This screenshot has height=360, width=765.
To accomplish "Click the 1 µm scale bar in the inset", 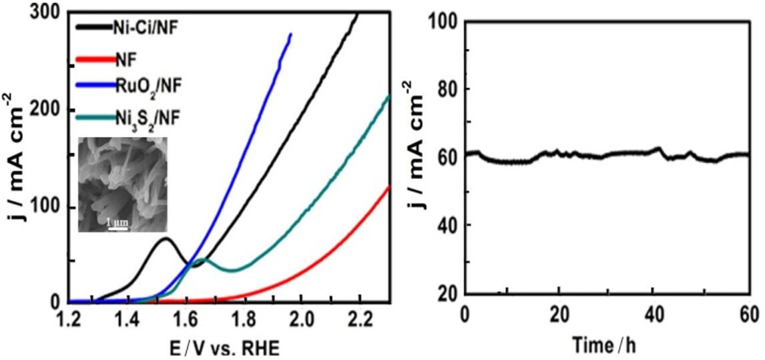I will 117,226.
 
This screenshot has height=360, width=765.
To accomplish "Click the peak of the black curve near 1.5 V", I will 166,238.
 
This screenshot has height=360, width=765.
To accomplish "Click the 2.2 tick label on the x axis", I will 361,317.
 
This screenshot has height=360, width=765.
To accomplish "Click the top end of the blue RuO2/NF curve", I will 290,34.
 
